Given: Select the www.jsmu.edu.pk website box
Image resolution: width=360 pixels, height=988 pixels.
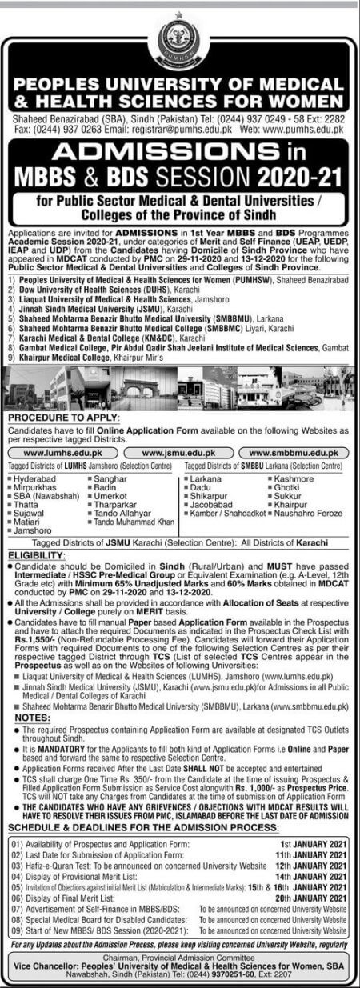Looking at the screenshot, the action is point(179,452).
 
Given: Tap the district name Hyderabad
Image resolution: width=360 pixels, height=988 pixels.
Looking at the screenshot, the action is point(37,478).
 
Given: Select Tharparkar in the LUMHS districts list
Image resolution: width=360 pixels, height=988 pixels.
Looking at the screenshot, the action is point(116,504).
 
